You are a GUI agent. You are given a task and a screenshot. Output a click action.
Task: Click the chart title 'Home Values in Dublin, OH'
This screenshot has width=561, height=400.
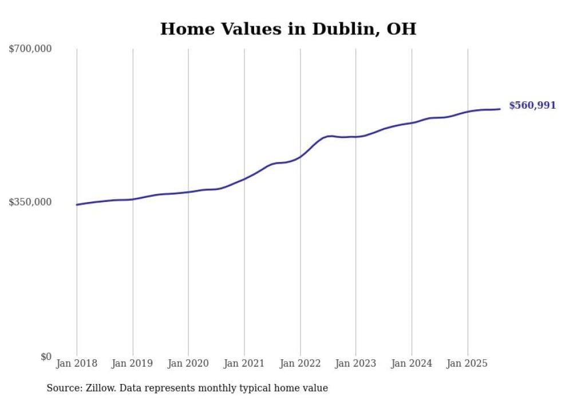(x=288, y=29)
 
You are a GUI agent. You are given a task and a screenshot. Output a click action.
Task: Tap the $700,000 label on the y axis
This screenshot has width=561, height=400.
(x=30, y=49)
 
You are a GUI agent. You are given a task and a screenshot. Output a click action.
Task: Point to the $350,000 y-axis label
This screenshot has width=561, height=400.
(x=30, y=202)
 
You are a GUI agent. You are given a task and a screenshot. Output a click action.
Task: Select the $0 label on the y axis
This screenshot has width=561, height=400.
(x=46, y=357)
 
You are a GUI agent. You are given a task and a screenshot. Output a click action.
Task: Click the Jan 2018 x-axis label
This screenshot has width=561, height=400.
(x=77, y=363)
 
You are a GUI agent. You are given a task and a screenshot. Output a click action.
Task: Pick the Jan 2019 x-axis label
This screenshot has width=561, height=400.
(x=133, y=363)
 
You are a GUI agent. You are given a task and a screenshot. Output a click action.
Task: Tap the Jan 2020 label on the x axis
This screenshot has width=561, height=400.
(x=188, y=363)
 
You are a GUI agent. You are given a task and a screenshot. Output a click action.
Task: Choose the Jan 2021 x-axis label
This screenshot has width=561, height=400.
(x=244, y=363)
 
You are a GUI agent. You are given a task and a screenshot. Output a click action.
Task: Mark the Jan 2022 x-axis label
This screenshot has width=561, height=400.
(x=300, y=363)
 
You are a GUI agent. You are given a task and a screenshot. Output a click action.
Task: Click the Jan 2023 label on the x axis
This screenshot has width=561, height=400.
(x=355, y=363)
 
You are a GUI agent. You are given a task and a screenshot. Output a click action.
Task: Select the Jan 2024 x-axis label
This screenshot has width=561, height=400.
(x=412, y=363)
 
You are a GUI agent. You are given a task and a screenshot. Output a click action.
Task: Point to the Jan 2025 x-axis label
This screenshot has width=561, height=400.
(x=468, y=363)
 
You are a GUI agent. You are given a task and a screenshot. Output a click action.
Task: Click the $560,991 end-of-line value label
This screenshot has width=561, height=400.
(x=532, y=105)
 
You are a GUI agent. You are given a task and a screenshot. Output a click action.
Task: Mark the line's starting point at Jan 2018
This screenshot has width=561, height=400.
(x=77, y=204)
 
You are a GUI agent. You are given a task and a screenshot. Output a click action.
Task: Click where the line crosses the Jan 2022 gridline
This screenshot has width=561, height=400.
(x=300, y=156)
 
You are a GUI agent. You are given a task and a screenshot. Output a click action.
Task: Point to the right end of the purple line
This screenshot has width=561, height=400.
(x=500, y=109)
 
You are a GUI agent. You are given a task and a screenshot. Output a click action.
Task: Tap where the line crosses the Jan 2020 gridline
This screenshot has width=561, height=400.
(x=188, y=192)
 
